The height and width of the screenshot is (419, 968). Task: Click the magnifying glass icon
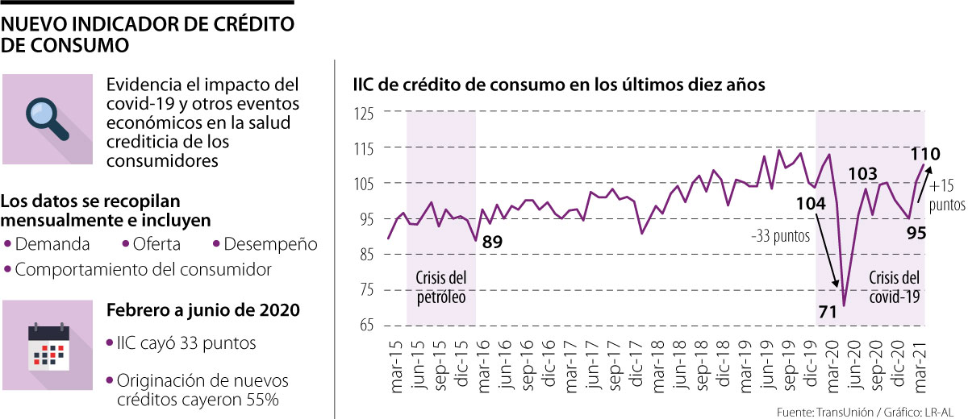[48, 119]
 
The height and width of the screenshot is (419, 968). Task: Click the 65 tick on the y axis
[367, 326]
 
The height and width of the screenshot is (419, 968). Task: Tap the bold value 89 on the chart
[493, 241]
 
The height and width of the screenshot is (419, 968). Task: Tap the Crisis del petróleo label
[441, 288]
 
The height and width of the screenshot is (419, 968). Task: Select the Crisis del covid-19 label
[893, 288]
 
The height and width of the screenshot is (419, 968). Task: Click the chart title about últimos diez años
[557, 85]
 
